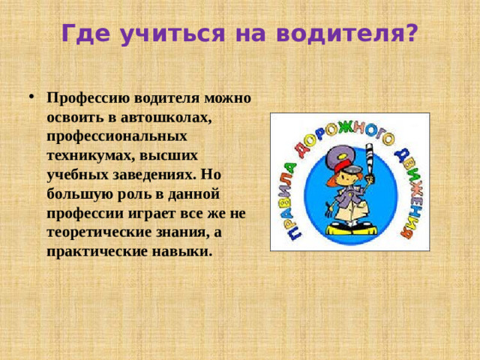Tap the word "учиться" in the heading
click(x=158, y=33)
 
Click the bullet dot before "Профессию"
click(x=29, y=97)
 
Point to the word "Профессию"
click(x=88, y=97)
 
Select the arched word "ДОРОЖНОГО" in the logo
click(x=347, y=135)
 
